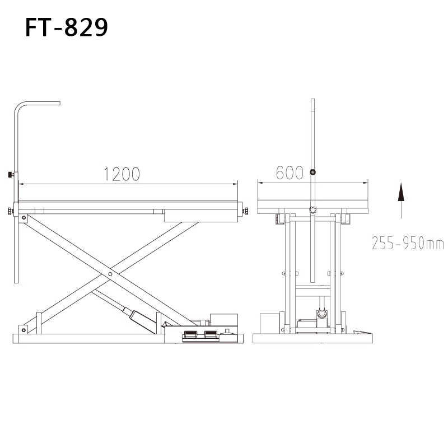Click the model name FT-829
point(67,27)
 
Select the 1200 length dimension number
point(122,174)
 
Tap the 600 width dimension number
point(290,173)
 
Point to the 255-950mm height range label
point(408,243)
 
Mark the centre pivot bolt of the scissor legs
point(110,274)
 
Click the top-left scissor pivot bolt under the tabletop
point(24,218)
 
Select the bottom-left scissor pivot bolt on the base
point(24,330)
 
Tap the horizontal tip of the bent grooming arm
point(58,103)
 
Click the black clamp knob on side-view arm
point(11,174)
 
